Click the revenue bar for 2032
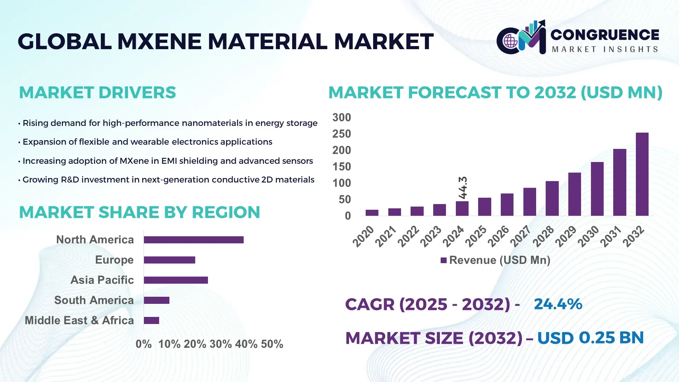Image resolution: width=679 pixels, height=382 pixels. (x=642, y=174)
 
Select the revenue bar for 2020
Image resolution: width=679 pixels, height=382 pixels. (x=372, y=213)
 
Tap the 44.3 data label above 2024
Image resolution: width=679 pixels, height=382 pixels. (x=463, y=187)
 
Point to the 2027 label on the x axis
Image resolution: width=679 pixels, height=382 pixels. (x=521, y=236)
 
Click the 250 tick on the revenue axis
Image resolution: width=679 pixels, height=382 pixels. (x=341, y=134)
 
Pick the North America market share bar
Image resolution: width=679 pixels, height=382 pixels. (x=193, y=240)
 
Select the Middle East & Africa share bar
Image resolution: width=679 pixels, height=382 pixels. (x=151, y=320)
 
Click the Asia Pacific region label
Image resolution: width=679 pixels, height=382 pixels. (x=102, y=280)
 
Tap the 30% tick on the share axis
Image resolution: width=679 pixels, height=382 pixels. (x=220, y=344)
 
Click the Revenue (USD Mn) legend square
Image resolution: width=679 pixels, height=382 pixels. (x=443, y=260)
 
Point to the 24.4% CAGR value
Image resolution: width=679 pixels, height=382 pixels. (x=558, y=304)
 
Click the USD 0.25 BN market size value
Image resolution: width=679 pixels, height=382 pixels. (x=590, y=338)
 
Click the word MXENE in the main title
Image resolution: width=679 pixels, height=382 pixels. (x=159, y=41)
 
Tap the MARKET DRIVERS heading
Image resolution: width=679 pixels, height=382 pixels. (x=97, y=93)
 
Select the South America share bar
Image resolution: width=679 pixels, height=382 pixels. (x=156, y=300)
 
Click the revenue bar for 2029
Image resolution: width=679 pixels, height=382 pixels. (x=574, y=194)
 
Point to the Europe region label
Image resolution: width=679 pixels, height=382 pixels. (x=114, y=260)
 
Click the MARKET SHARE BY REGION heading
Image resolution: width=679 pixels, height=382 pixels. (x=139, y=212)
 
